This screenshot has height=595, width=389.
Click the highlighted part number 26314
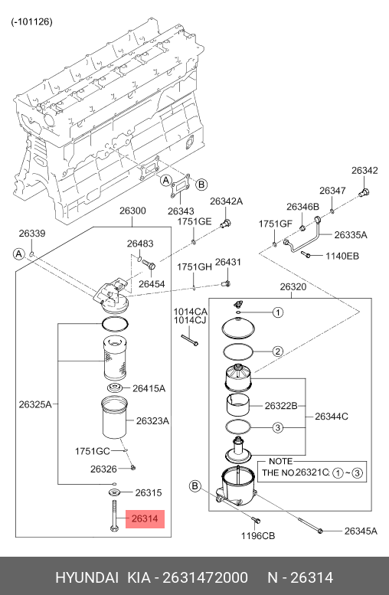(145, 518)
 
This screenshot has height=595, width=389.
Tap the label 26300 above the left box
(132, 211)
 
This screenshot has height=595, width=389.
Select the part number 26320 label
(293, 287)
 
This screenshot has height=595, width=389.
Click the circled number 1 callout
(278, 312)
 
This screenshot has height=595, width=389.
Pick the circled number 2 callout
(278, 351)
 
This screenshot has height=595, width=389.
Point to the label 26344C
(332, 417)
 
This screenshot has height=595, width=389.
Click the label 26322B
(281, 406)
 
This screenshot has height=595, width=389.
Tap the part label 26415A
(149, 388)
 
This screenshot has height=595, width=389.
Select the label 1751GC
(92, 451)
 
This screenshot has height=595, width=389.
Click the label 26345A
(361, 531)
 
